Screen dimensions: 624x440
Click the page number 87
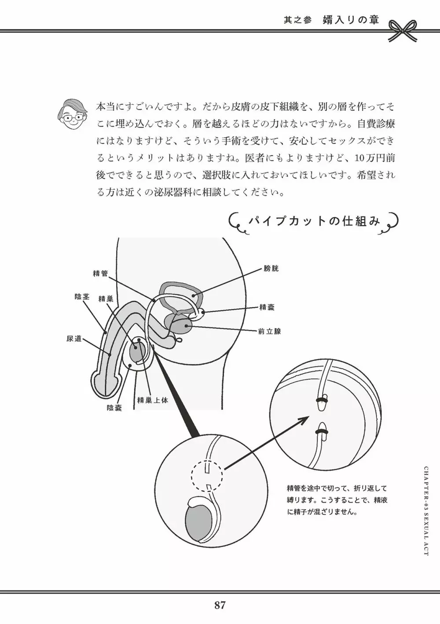[220, 605]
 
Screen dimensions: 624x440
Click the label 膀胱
[271, 268]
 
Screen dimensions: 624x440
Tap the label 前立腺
[269, 331]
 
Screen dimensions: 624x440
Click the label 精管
[100, 273]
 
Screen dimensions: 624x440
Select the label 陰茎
[82, 297]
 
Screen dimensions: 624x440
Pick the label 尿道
[74, 338]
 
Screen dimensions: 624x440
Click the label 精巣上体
[152, 400]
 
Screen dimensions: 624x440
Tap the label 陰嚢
[114, 408]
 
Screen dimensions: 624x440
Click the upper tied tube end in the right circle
[322, 402]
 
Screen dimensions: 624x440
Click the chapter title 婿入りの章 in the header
[350, 20]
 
